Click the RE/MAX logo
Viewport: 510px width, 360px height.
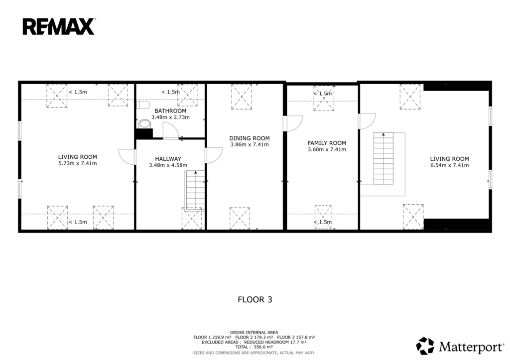pos(59,27)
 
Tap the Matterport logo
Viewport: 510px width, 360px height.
pos(460,346)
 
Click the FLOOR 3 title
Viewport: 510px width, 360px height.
pos(255,300)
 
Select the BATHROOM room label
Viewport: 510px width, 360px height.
pos(170,111)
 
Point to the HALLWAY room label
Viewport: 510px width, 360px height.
pos(168,159)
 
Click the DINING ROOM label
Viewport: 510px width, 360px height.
pos(250,138)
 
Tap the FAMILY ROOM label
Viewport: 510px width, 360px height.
pos(327,143)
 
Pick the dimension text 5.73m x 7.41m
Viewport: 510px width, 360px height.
pos(77,164)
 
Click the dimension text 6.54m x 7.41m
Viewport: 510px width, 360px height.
pos(450,165)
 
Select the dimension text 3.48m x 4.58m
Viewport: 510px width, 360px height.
pos(168,165)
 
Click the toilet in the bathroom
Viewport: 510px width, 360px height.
pos(142,105)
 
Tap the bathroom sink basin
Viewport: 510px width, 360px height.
pos(145,124)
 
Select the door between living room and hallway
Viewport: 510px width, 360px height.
pos(127,157)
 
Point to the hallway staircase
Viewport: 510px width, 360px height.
pos(195,190)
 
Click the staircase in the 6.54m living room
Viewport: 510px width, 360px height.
pos(383,158)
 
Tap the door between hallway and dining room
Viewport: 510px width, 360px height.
pos(214,155)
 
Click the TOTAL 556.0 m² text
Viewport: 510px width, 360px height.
pos(254,347)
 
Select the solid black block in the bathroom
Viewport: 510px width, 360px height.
pos(144,133)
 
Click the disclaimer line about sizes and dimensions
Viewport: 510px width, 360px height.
pos(254,353)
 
